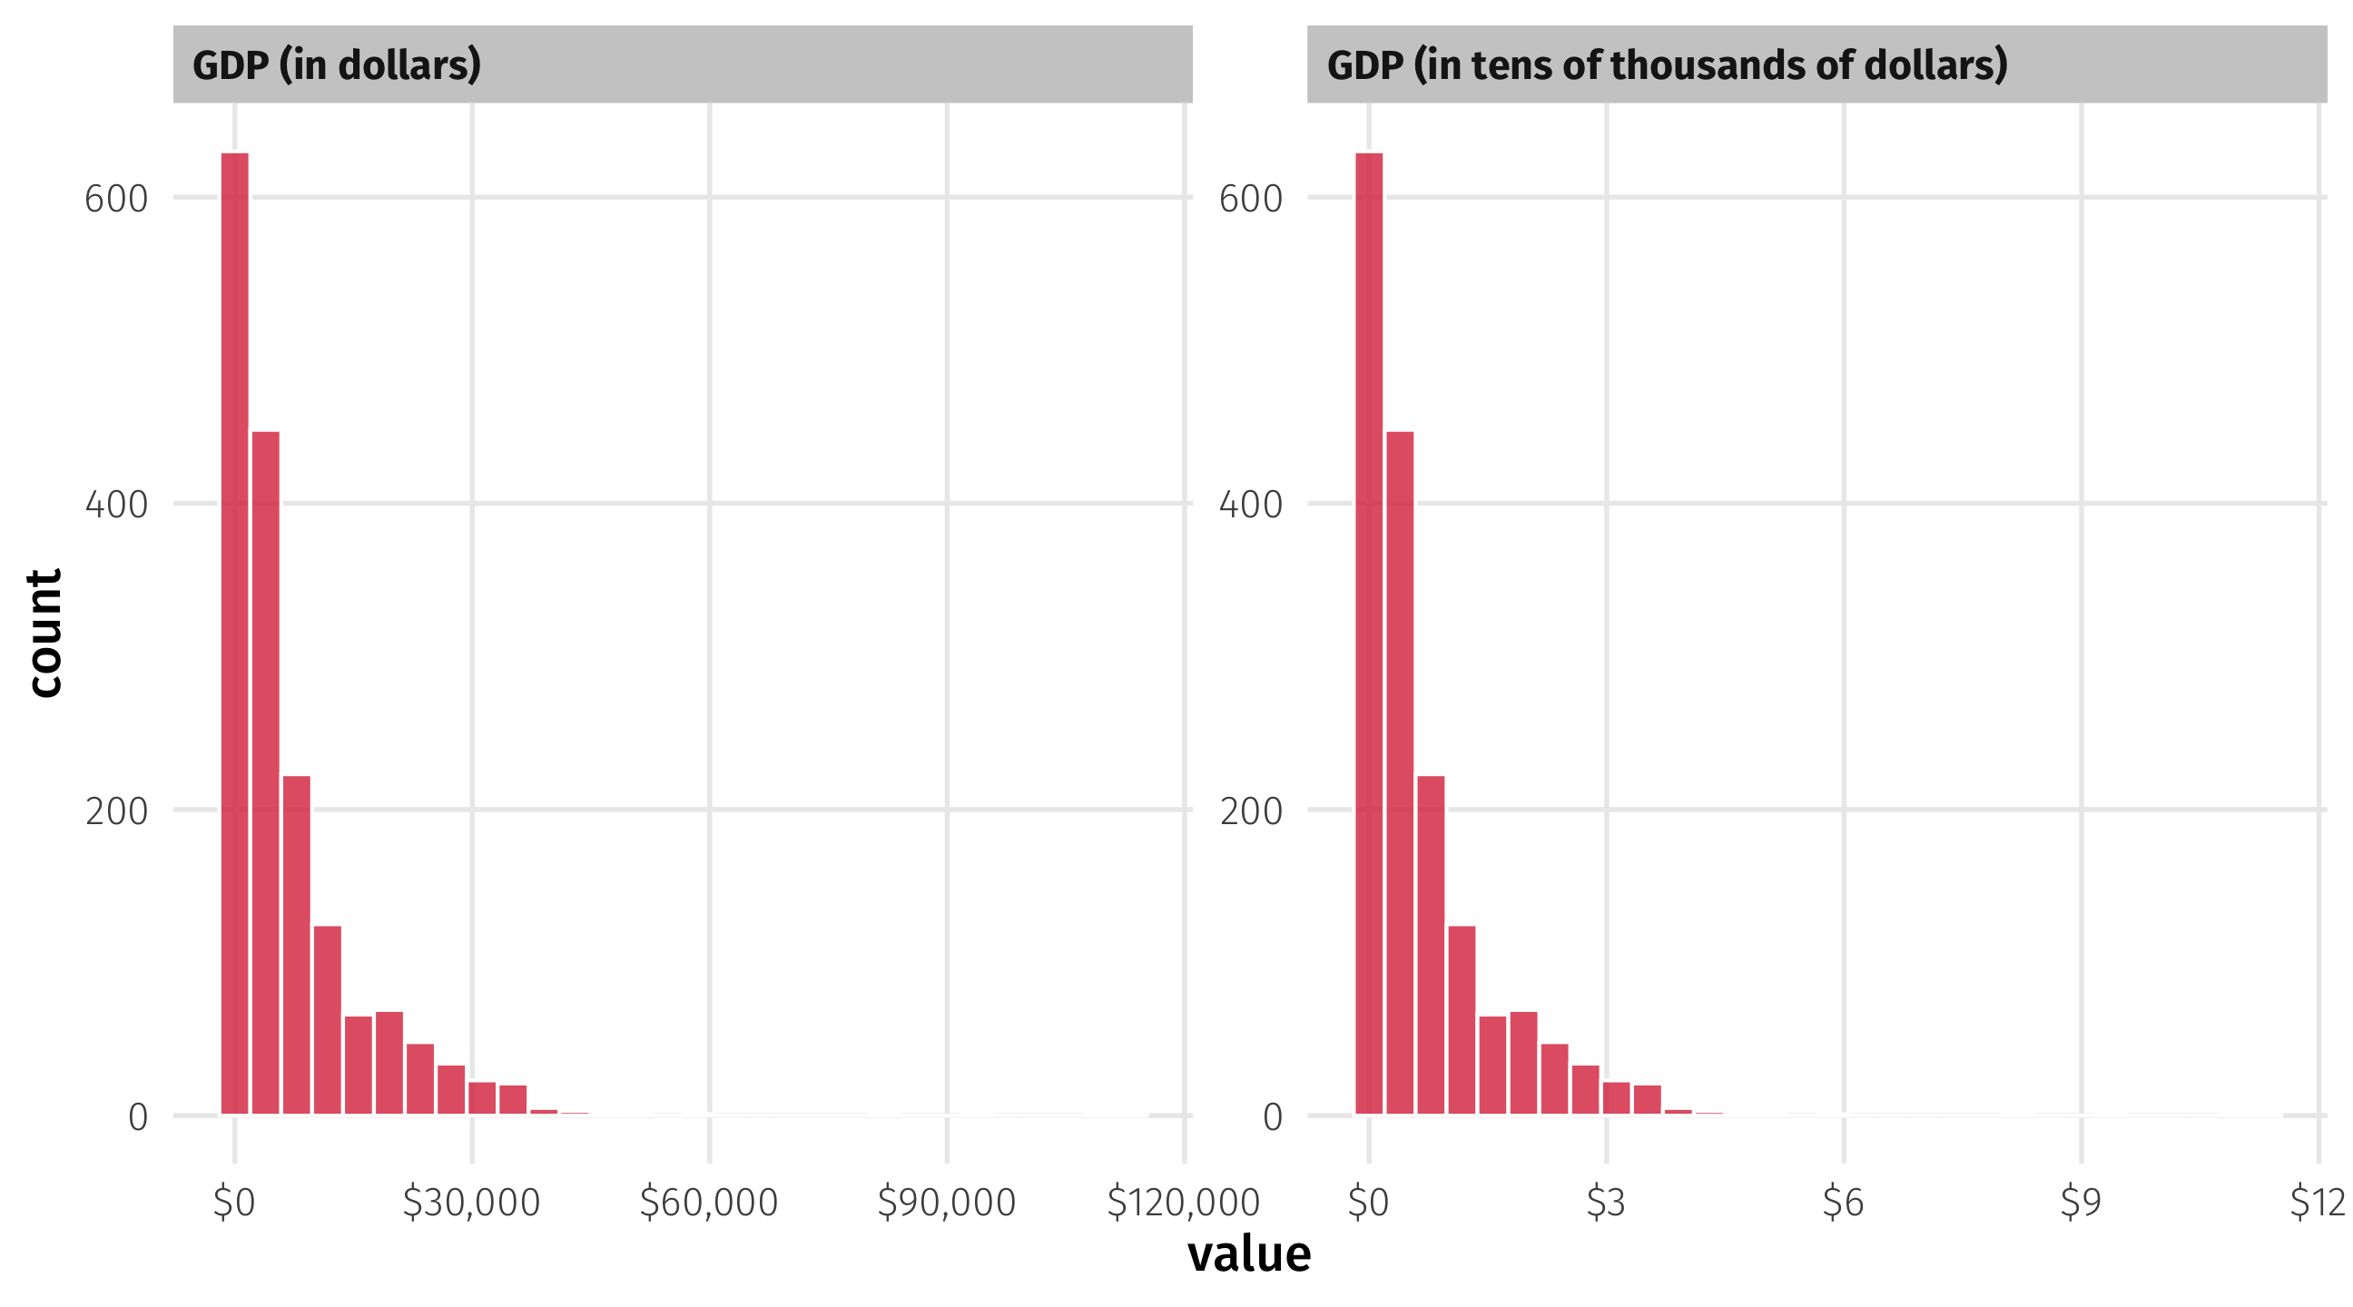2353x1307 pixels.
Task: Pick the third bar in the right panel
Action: pyautogui.click(x=1431, y=946)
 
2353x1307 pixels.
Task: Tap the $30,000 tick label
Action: pyautogui.click(x=471, y=1203)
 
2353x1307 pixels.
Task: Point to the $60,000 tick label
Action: pyautogui.click(x=709, y=1203)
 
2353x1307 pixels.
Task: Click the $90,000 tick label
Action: pyautogui.click(x=946, y=1203)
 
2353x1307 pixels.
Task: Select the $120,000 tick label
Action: pyautogui.click(x=1183, y=1203)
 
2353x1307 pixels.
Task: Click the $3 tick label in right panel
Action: pyautogui.click(x=1606, y=1203)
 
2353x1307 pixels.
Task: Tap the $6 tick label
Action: pyautogui.click(x=1844, y=1203)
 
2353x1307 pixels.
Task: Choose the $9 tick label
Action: pyautogui.click(x=2081, y=1203)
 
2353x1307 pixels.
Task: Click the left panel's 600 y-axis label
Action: pyautogui.click(x=116, y=199)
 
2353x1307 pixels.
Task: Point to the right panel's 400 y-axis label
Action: pyautogui.click(x=1251, y=505)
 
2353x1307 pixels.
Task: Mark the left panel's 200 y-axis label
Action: pyautogui.click(x=116, y=811)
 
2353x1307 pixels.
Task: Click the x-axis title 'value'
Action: pyautogui.click(x=1248, y=1254)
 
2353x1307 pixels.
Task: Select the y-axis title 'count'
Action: pyautogui.click(x=44, y=633)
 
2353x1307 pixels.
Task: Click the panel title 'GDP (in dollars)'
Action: pyautogui.click(x=336, y=64)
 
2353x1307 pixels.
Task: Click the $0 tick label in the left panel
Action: pyautogui.click(x=234, y=1203)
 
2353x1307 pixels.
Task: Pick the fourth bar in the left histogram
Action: pyautogui.click(x=328, y=1020)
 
